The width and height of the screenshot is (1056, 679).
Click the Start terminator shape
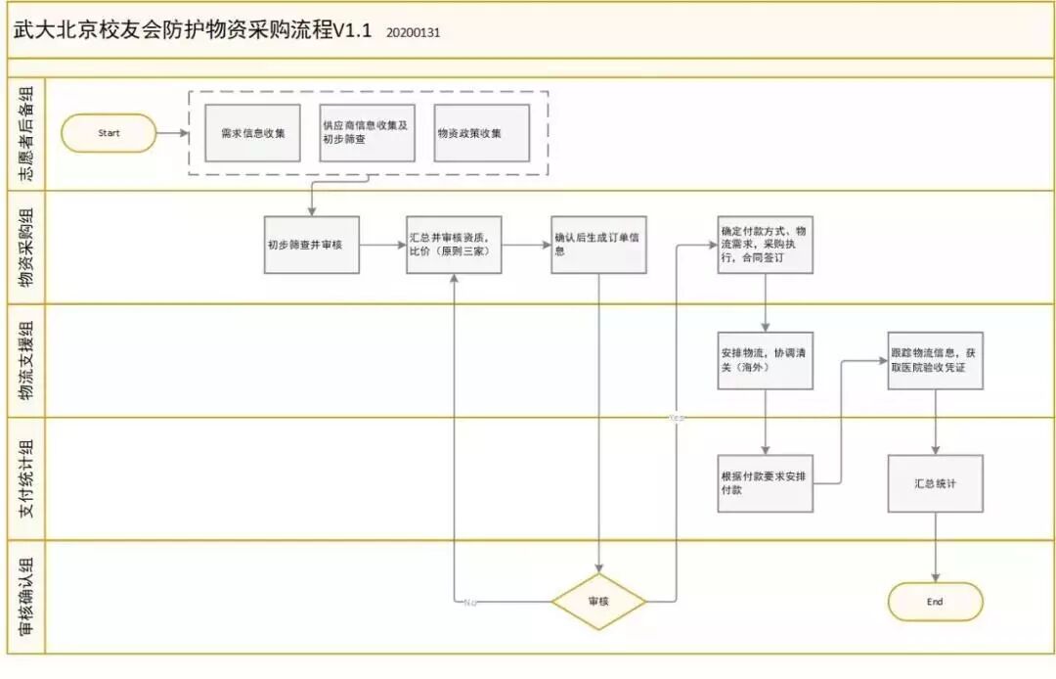(109, 133)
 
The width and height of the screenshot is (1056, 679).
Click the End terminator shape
(935, 602)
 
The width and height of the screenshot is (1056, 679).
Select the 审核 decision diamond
(598, 601)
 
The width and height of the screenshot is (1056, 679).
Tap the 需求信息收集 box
(252, 133)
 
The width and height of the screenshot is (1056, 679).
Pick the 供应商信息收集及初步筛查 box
(367, 133)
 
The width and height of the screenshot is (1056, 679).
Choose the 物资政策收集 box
(481, 133)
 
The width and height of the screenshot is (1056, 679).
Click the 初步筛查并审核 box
(312, 245)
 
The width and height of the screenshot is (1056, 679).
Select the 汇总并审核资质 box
(454, 245)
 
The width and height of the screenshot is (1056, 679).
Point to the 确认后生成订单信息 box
(598, 245)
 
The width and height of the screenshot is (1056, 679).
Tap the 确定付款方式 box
(765, 245)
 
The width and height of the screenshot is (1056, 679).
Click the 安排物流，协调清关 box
(765, 360)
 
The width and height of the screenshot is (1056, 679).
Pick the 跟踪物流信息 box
(935, 360)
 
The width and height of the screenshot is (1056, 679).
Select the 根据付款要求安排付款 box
(765, 482)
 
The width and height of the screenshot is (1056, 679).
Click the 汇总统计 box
(935, 482)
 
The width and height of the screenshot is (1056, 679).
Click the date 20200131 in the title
(413, 32)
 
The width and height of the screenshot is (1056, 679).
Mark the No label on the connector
(471, 601)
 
